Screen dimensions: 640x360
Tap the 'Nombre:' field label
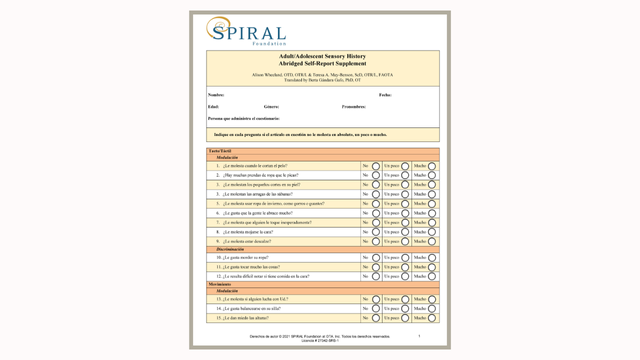pos(217,94)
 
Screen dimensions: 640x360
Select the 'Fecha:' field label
pos(385,94)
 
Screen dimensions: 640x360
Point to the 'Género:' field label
pos(271,106)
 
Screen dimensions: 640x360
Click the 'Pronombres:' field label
pos(354,106)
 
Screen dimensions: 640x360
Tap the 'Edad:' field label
pos(214,106)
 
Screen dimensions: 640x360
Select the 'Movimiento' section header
pos(220,284)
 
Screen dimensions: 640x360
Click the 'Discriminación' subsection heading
pos(231,249)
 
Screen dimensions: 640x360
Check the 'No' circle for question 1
pos(375,165)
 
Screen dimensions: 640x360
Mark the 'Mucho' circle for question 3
pos(432,185)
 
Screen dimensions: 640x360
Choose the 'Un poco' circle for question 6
pos(405,213)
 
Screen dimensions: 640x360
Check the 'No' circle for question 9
pos(375,241)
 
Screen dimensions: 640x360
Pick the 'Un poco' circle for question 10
pos(405,258)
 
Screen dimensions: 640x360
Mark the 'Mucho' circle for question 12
pos(432,277)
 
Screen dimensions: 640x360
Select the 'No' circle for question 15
pos(375,318)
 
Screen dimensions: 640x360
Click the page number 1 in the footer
pos(419,336)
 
